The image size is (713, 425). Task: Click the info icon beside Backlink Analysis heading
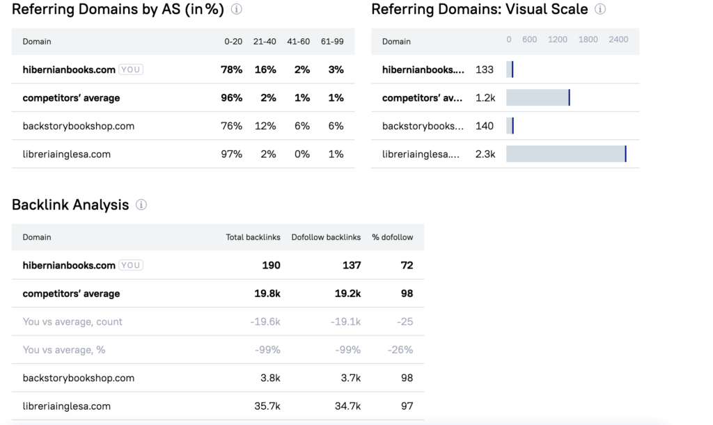[x=141, y=205]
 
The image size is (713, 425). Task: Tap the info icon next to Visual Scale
[x=600, y=10]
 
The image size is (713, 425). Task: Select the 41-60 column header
[x=299, y=42]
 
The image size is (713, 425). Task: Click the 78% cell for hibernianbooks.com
[x=232, y=70]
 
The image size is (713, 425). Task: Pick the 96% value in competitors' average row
[x=232, y=98]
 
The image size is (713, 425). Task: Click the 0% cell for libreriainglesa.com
[x=302, y=154]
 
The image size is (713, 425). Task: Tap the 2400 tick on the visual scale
[x=618, y=40]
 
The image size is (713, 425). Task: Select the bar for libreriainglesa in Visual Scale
[x=565, y=154]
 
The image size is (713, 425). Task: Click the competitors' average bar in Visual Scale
[x=538, y=97]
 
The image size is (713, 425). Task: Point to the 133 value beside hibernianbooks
[x=485, y=70]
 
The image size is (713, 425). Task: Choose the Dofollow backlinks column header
[x=326, y=237]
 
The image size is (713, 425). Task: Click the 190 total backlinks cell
[x=271, y=265]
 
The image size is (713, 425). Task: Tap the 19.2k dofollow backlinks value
[x=347, y=294]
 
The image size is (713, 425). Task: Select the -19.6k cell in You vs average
[x=265, y=322]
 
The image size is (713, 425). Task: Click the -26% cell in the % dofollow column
[x=400, y=350]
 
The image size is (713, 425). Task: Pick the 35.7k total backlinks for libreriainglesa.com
[x=267, y=406]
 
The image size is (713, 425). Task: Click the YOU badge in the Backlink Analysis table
[x=131, y=265]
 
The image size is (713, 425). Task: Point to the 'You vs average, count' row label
[x=72, y=322]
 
